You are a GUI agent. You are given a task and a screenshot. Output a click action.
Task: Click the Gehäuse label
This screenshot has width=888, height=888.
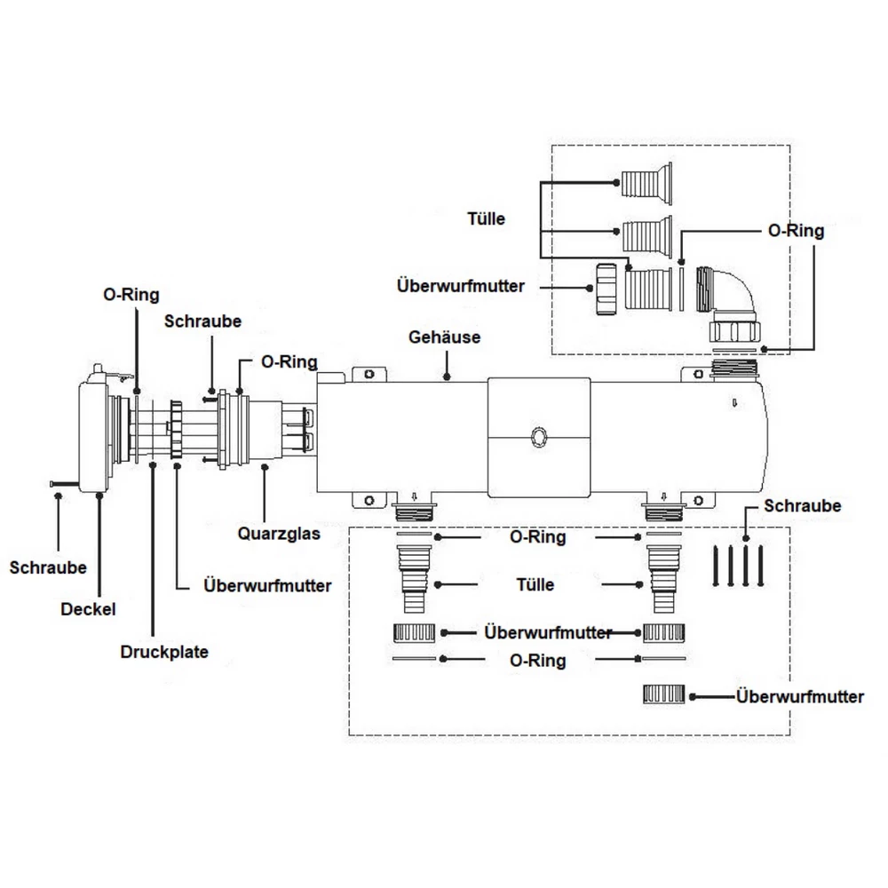[x=445, y=338]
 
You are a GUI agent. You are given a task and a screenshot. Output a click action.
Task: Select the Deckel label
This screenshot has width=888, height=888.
[x=88, y=610]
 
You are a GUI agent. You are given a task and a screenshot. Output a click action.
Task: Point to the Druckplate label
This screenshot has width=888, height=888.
[x=164, y=652]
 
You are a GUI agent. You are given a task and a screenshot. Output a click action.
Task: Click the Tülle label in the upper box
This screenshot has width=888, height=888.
[x=486, y=218]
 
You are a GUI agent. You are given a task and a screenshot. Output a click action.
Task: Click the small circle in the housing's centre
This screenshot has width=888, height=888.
[x=537, y=437]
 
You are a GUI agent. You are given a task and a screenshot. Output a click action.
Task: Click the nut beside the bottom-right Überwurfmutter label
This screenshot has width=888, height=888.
[x=664, y=695]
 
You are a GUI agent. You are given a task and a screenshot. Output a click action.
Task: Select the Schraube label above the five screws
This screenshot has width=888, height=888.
[x=802, y=506]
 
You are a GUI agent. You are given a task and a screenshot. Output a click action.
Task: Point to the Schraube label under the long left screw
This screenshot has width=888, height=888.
[x=48, y=567]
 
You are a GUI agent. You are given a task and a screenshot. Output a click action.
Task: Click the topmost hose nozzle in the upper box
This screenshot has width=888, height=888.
[x=646, y=183]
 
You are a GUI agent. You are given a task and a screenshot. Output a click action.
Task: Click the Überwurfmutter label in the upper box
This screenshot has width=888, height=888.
[x=461, y=287]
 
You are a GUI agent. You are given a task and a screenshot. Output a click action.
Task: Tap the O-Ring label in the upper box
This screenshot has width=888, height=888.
[x=796, y=231]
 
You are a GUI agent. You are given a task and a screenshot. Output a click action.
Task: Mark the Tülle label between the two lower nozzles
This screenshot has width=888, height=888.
[x=535, y=584]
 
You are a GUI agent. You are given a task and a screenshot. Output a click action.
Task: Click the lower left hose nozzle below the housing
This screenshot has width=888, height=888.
[x=412, y=583]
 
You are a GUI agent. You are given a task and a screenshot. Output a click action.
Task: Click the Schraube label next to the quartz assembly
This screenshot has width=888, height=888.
[x=202, y=321]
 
